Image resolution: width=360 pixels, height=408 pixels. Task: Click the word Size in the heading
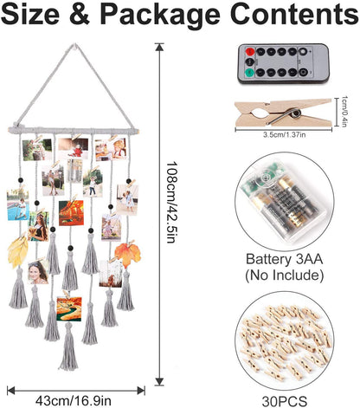tap(30, 14)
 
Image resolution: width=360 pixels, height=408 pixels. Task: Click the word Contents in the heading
tap(294, 14)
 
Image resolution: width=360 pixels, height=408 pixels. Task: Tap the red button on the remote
tap(250, 52)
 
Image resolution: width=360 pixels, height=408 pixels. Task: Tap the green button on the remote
tap(249, 73)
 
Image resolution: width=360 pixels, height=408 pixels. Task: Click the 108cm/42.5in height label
tap(171, 202)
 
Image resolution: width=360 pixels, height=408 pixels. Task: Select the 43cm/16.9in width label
tap(74, 401)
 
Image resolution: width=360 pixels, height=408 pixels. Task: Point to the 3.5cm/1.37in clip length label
tap(284, 134)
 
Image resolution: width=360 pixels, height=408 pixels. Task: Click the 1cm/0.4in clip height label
tap(344, 112)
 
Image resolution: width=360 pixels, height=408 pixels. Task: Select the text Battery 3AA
tap(284, 259)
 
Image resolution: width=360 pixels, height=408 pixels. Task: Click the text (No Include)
tap(284, 275)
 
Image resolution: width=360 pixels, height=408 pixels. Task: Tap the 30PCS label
tap(284, 401)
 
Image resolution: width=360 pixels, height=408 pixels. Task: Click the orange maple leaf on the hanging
tap(127, 254)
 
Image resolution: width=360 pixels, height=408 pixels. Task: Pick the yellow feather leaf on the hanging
tap(18, 251)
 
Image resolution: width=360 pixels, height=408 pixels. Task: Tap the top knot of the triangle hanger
tap(74, 46)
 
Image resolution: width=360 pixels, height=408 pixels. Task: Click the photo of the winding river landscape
tap(69, 309)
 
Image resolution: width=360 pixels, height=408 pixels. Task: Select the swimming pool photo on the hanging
tap(18, 204)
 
